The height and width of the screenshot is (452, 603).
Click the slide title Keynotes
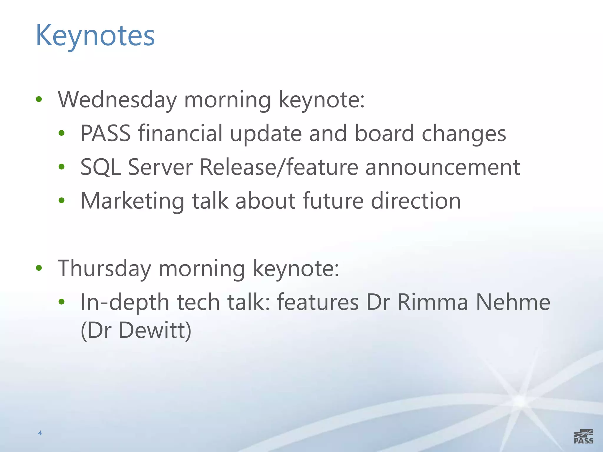[95, 36]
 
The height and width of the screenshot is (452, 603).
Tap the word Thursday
[105, 268]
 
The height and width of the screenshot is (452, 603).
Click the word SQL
[100, 167]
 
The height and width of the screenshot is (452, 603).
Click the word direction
[416, 201]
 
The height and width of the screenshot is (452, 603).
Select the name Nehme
[513, 302]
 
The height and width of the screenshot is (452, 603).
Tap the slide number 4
[40, 433]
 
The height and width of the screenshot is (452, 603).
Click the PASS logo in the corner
[584, 436]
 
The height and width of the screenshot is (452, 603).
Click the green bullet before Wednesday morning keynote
[39, 99]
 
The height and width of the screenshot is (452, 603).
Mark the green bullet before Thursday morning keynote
[39, 268]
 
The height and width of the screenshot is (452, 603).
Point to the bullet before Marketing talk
[61, 201]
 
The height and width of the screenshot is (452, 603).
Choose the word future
[333, 201]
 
